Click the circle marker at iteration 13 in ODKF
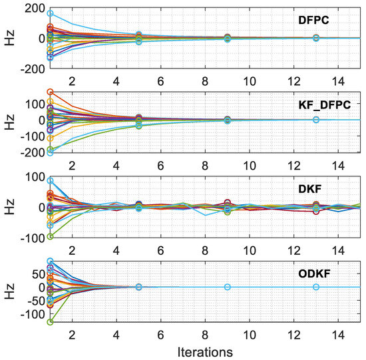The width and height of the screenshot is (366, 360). tap(316, 287)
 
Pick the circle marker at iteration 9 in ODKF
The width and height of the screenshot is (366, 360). tap(228, 287)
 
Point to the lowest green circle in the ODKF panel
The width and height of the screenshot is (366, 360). tap(50, 322)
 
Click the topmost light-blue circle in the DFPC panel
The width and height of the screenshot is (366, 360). tap(50, 13)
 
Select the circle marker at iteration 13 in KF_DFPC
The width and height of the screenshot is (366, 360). tap(316, 120)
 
